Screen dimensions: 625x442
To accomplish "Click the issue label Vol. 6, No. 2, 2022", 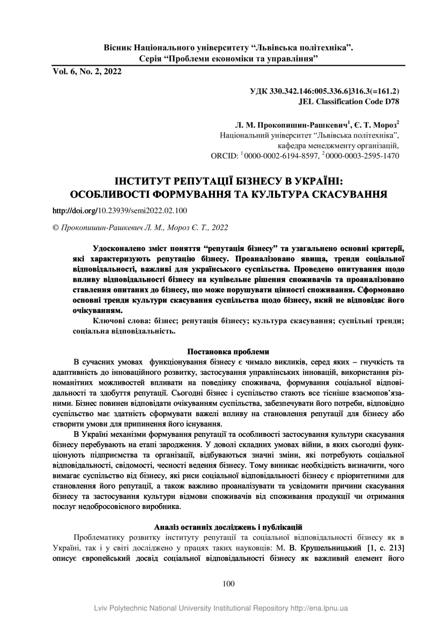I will click(x=87, y=72).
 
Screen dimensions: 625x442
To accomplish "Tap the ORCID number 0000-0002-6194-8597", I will click(x=282, y=156).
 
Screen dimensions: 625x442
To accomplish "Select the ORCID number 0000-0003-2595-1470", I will click(x=363, y=156).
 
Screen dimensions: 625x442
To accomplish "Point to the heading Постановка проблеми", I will click(x=228, y=351).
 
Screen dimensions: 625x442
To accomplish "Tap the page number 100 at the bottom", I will click(x=228, y=584).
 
